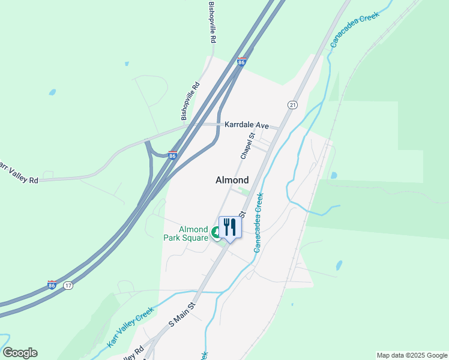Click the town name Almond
232,180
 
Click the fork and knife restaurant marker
230,227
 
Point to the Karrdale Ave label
247,125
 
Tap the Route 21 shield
292,105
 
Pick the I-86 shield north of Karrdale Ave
241,62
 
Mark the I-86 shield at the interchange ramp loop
172,155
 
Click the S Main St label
182,314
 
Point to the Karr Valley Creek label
130,327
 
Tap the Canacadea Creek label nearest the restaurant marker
259,222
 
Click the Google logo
20,353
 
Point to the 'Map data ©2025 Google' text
412,355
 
